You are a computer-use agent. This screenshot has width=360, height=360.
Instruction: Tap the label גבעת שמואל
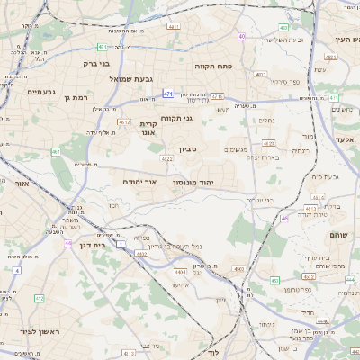coord(143,78)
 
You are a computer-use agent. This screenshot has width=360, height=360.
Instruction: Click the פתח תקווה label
coord(213,67)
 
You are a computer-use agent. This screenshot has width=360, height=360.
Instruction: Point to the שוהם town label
coord(337,233)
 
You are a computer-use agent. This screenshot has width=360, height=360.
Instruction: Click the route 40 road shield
coord(242,36)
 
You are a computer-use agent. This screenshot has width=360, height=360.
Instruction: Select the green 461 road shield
coord(55,152)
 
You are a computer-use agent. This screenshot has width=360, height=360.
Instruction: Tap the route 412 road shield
coord(39,298)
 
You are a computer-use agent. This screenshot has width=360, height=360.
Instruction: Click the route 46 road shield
coord(284,218)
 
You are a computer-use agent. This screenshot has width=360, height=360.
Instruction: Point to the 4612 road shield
coord(124,122)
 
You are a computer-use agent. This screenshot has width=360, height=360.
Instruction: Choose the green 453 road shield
coord(274,281)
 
